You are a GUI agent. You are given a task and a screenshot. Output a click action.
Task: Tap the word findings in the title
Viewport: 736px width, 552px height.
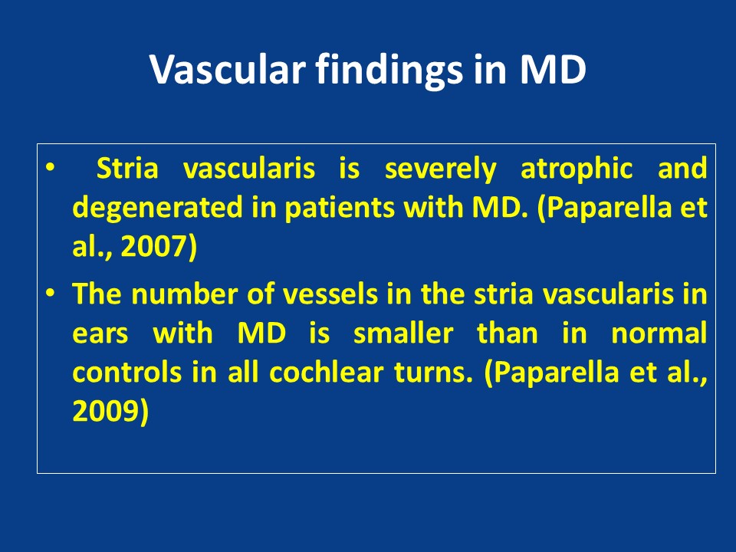pyautogui.click(x=389, y=71)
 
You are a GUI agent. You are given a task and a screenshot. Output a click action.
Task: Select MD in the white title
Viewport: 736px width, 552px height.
pyautogui.click(x=554, y=70)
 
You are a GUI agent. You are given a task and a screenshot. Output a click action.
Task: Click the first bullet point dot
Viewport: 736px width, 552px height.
pyautogui.click(x=51, y=166)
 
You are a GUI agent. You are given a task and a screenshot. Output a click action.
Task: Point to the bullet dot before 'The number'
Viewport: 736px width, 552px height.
pyautogui.click(x=51, y=292)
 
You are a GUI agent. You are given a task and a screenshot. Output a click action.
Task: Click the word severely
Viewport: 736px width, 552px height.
pyautogui.click(x=440, y=169)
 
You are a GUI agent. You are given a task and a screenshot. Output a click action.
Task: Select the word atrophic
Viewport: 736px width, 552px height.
pyautogui.click(x=577, y=169)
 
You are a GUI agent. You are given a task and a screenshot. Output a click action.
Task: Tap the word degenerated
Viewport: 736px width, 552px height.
pyautogui.click(x=158, y=208)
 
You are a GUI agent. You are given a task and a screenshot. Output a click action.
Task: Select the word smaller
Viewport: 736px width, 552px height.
pyautogui.click(x=403, y=333)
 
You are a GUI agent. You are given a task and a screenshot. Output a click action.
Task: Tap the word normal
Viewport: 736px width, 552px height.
pyautogui.click(x=659, y=333)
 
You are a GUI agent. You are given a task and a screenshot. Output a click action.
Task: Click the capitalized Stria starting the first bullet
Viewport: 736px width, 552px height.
pyautogui.click(x=127, y=169)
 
